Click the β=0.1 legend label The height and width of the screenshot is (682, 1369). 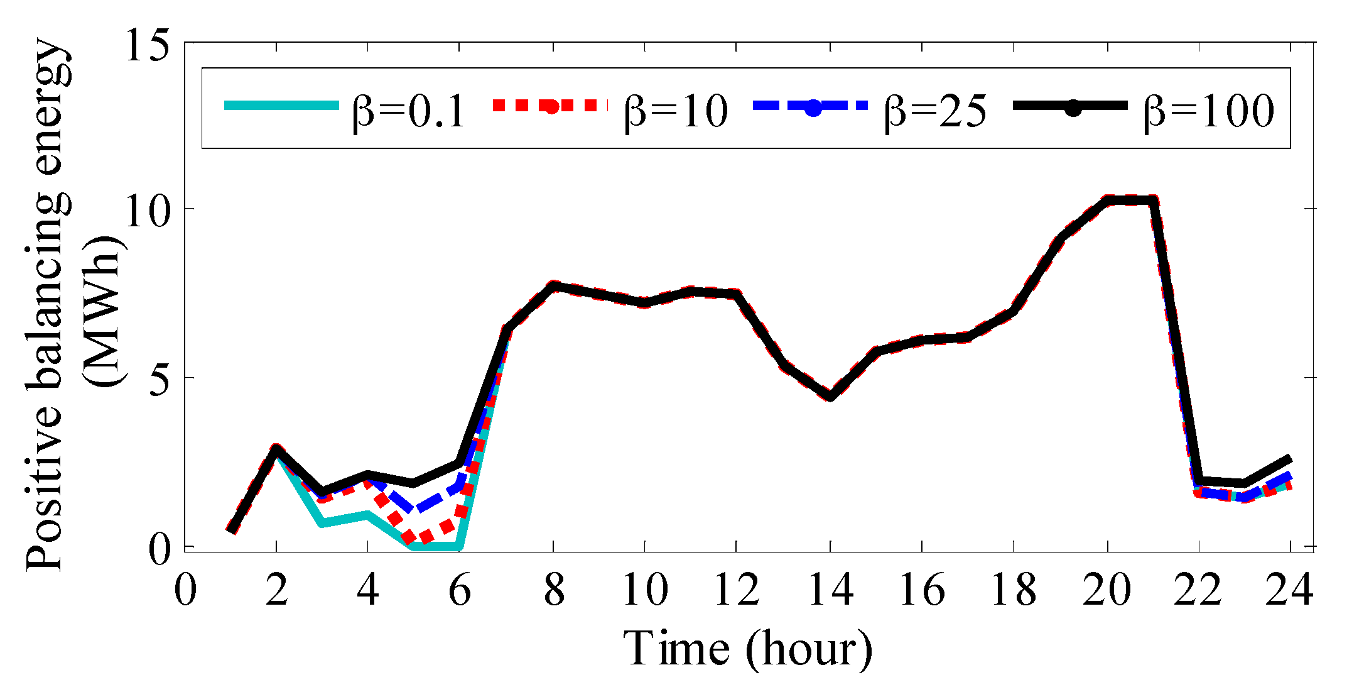point(408,111)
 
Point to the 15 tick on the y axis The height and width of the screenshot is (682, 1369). point(149,45)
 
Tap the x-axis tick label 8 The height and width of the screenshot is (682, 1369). point(554,590)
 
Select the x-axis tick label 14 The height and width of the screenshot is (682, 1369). point(830,590)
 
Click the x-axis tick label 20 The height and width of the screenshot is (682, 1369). point(1107,590)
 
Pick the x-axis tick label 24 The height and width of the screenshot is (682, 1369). point(1289,590)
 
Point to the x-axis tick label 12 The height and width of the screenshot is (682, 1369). point(737,590)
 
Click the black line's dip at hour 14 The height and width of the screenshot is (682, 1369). point(830,397)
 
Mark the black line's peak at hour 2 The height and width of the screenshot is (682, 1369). point(276,449)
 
